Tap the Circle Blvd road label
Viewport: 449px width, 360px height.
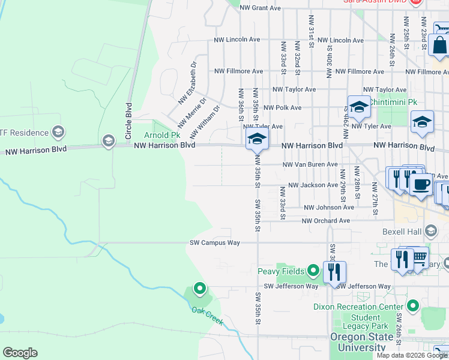click(x=128, y=121)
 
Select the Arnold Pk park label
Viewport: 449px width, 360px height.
click(x=158, y=135)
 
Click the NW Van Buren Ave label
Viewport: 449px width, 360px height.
click(x=310, y=164)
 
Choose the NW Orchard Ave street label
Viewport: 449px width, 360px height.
click(x=326, y=221)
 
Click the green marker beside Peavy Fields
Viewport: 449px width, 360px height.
click(x=313, y=271)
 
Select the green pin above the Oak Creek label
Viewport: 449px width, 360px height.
click(x=200, y=290)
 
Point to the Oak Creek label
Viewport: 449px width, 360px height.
click(x=208, y=316)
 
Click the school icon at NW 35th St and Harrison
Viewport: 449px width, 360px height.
click(x=256, y=139)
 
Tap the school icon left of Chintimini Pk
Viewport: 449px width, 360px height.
click(x=359, y=107)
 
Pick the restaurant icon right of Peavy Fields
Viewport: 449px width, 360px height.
click(x=334, y=272)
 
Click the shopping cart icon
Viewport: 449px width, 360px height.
click(x=420, y=258)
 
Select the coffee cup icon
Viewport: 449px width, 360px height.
click(x=422, y=184)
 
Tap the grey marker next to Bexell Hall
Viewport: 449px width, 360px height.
click(x=430, y=231)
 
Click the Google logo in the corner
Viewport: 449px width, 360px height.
click(x=20, y=353)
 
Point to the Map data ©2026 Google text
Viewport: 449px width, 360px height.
click(x=411, y=355)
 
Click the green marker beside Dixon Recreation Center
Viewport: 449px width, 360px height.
click(x=412, y=307)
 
